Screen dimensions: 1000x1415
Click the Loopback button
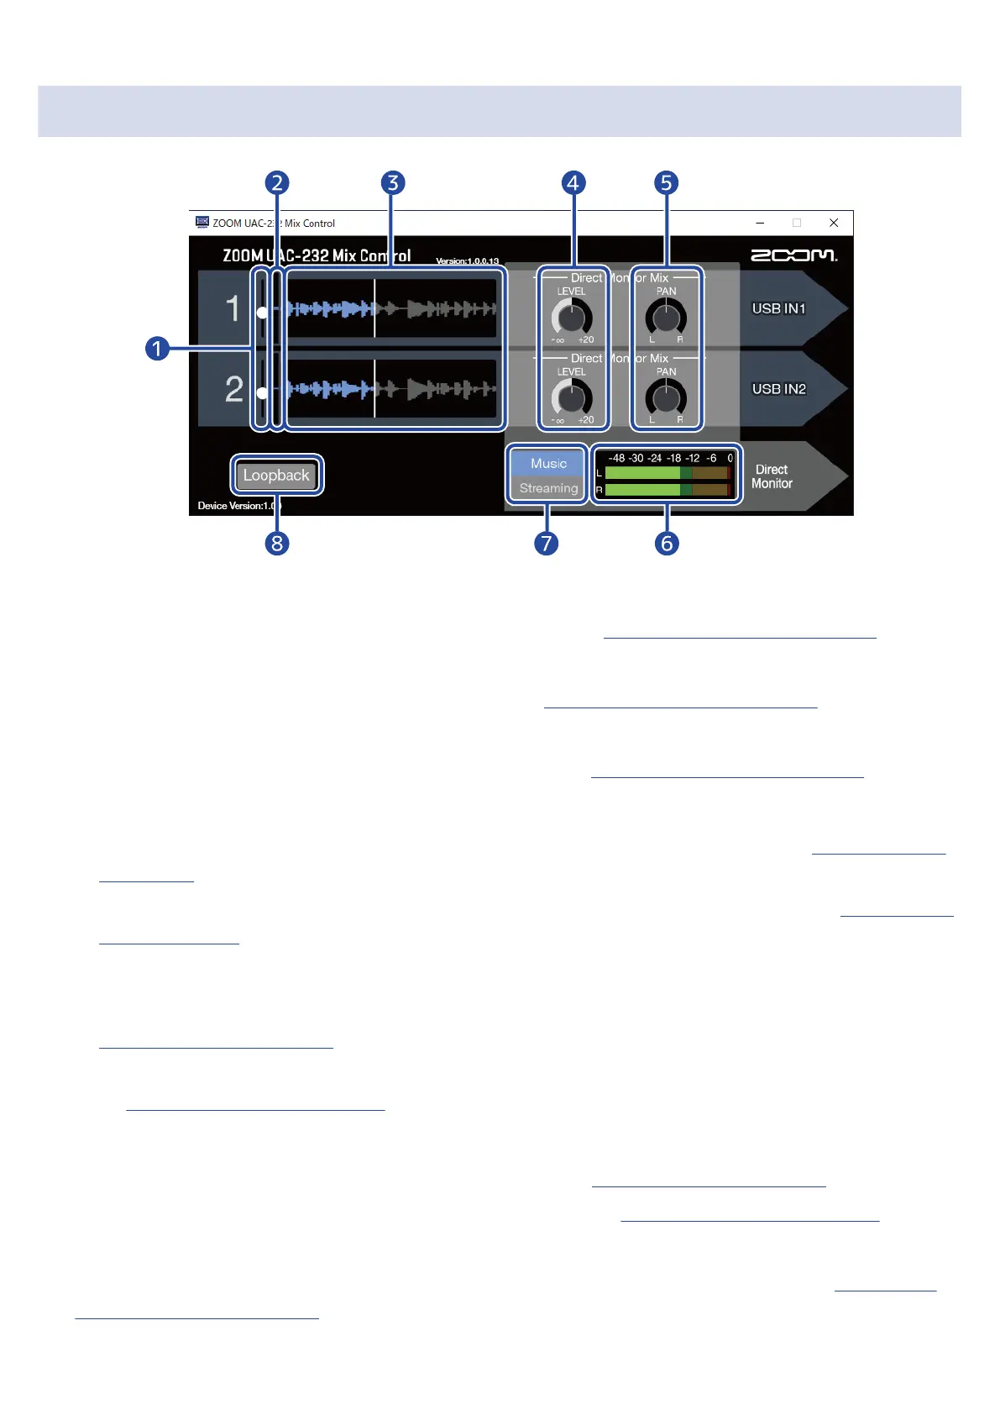(x=276, y=476)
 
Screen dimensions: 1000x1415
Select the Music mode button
(x=548, y=463)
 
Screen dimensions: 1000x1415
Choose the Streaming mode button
(x=548, y=488)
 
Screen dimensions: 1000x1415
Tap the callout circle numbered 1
(x=157, y=348)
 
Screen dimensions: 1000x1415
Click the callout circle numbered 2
(x=277, y=183)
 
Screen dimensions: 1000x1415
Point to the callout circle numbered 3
(x=392, y=183)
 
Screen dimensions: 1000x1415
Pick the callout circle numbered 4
(x=573, y=183)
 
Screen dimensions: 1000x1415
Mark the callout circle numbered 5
(x=666, y=183)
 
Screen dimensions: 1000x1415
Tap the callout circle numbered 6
(x=667, y=543)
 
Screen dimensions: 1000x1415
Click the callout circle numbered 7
(x=547, y=543)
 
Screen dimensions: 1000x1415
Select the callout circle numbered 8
(x=277, y=543)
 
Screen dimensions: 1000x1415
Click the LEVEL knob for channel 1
(x=572, y=318)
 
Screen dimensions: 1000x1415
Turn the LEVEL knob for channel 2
(x=572, y=398)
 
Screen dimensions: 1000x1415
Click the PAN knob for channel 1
(x=666, y=318)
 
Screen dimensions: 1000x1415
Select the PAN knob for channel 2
(x=666, y=398)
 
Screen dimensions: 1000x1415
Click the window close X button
(x=834, y=223)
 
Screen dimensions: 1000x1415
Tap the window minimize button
(x=760, y=223)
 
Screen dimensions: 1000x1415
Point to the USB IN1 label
(x=778, y=308)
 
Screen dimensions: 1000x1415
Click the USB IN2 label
(x=778, y=389)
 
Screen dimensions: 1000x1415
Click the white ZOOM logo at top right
(x=793, y=255)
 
